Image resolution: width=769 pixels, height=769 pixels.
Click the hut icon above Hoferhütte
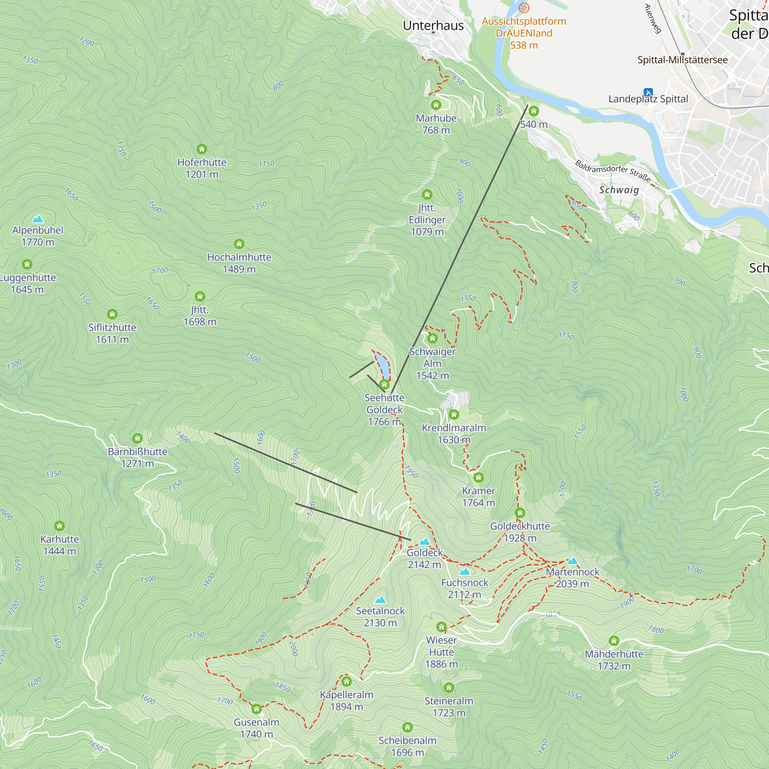click(202, 149)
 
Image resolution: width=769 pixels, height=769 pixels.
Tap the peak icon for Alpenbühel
click(38, 219)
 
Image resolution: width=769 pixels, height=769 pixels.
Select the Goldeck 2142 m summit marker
click(425, 541)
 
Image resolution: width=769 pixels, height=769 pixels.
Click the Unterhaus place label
click(433, 25)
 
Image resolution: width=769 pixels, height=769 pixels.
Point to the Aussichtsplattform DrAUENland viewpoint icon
click(524, 8)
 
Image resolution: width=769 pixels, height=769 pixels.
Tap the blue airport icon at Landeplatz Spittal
click(648, 92)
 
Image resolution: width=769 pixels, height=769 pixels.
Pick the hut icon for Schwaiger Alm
click(433, 339)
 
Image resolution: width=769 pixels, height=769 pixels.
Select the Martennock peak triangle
click(573, 561)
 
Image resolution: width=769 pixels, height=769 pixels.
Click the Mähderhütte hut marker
click(614, 641)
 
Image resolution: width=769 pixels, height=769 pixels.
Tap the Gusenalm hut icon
click(257, 709)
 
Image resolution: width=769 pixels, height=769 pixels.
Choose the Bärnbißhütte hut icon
click(137, 439)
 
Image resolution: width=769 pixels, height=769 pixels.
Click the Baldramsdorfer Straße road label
click(613, 171)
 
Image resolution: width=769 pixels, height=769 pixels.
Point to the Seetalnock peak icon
click(381, 600)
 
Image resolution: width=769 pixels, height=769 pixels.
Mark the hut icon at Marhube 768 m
click(436, 105)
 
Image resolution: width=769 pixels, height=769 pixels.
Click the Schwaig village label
click(619, 190)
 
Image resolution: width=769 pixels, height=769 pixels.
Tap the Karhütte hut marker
click(60, 526)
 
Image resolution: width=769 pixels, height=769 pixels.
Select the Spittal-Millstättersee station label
click(682, 60)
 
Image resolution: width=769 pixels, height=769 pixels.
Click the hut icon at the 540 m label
click(534, 112)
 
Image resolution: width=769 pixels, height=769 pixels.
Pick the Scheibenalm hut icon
click(408, 727)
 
